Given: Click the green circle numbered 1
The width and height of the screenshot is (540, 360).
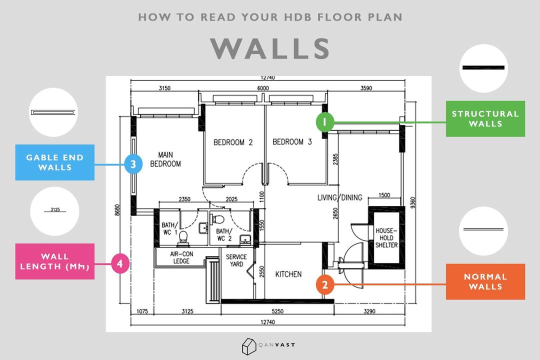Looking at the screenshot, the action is (324, 122).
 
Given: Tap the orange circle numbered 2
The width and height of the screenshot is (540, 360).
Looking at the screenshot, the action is (325, 284).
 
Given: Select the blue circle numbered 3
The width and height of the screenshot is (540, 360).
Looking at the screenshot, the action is (133, 164).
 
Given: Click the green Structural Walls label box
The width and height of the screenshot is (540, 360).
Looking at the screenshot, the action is (485, 119).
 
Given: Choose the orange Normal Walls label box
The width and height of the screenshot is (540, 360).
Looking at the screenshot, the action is (485, 281).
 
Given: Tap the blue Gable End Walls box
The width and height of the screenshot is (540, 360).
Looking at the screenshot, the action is (55, 162).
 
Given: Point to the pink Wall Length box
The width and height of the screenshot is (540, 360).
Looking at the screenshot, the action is (55, 261).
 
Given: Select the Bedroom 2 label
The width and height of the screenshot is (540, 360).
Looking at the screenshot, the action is (233, 142).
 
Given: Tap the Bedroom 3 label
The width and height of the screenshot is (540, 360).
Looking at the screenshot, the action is (292, 142).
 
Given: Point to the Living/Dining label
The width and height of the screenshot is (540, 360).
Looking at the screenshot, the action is (339, 197).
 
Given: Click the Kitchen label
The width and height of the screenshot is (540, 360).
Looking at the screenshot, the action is (288, 274).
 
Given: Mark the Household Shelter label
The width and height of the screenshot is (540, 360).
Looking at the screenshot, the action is (386, 237).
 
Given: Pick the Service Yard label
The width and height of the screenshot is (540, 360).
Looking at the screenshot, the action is (236, 260).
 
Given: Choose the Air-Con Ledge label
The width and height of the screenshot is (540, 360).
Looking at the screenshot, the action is (181, 257).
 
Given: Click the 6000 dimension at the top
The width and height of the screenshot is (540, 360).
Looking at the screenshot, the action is (263, 88).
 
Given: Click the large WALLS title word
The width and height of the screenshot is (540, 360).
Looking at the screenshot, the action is (270, 48).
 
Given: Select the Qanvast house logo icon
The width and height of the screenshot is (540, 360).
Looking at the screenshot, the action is (248, 345).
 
